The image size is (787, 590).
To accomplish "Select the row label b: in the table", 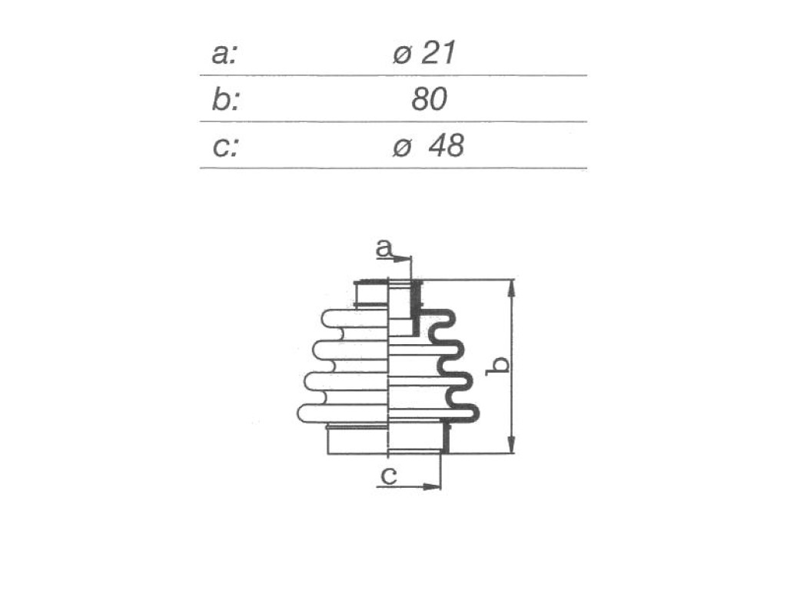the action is [225, 100].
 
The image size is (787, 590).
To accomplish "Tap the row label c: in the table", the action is [225, 147].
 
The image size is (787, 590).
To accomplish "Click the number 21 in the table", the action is [439, 53].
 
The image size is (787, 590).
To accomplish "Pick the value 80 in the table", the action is [429, 99].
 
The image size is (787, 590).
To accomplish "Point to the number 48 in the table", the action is [447, 145].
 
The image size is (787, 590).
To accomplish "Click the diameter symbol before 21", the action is [402, 55].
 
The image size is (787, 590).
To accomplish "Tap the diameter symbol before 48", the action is [402, 147].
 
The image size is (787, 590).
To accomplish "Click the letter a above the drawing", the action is [384, 248].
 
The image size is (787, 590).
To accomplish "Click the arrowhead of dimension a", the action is [403, 260].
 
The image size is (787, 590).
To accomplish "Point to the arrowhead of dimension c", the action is [432, 486].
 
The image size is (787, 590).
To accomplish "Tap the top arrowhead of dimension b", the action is [511, 289].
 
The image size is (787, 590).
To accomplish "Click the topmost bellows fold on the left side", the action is [355, 319].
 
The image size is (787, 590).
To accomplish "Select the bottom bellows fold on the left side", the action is [344, 413].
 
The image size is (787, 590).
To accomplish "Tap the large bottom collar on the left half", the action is [358, 440].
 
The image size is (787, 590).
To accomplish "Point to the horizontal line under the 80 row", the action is [393, 122].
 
